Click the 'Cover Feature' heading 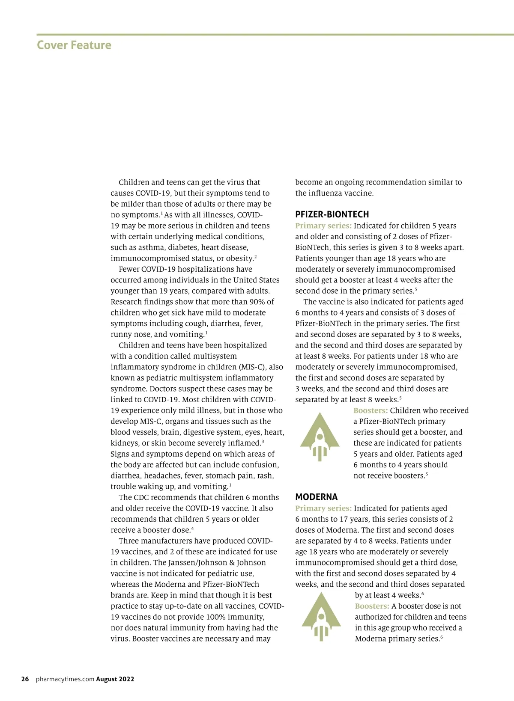coord(74,45)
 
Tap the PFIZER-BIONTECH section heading coord(332,214)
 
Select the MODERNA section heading coord(316,497)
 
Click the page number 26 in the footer coord(25,679)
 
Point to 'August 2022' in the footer coord(115,679)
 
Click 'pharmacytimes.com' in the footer coord(65,679)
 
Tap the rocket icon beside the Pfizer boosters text coord(320,437)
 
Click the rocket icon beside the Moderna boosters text coord(321,617)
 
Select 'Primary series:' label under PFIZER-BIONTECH coord(323,226)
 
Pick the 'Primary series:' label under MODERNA coord(323,508)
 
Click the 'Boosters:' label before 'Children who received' coord(371,410)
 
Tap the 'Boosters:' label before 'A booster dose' coord(372,606)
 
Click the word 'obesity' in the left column coord(239,258)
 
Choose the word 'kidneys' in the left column coord(123,443)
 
